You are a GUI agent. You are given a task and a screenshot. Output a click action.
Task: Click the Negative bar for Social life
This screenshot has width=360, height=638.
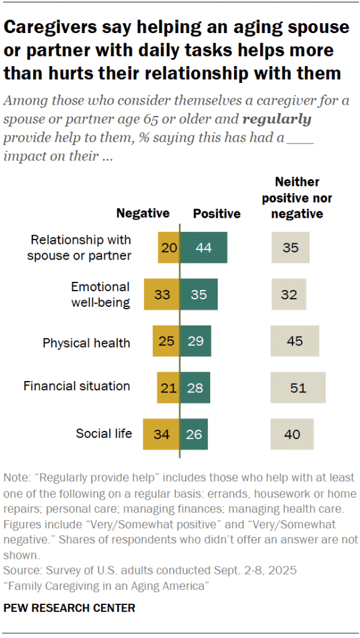coord(161,434)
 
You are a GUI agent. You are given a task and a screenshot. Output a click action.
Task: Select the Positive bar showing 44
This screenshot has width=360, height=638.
coord(203,248)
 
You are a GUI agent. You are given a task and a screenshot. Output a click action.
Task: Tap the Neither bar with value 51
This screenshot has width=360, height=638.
coord(298,388)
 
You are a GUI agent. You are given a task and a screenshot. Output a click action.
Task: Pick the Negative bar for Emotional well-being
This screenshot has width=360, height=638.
coord(162,294)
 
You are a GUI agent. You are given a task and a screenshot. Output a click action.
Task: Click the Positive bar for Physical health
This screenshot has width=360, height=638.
coord(195,341)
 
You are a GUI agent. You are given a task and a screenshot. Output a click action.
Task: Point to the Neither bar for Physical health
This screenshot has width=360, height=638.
coord(294,341)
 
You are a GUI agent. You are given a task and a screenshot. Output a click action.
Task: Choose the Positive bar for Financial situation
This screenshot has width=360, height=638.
coord(195,388)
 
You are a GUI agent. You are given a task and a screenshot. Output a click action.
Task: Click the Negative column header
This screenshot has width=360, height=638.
coord(143,213)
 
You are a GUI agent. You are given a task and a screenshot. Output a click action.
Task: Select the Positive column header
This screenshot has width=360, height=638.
coord(216,214)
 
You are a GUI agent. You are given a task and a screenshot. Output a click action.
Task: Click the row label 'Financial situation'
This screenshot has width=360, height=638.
coord(77,386)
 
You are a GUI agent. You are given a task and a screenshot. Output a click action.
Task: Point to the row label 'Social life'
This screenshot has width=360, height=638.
coord(104,433)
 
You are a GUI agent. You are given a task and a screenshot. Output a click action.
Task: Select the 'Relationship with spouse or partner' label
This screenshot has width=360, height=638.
coord(81,248)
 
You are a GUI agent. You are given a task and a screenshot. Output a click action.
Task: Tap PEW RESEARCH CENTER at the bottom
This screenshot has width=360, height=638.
coord(69,607)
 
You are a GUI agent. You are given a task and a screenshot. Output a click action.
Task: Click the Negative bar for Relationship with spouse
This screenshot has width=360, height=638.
coord(168,248)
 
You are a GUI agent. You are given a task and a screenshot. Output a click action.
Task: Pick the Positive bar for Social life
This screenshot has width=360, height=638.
coord(194,434)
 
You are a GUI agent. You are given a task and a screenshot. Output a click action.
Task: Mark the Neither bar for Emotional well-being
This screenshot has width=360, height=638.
coord(288,294)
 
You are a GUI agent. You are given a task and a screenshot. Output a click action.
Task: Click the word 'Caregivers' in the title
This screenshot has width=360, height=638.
coord(54,27)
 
